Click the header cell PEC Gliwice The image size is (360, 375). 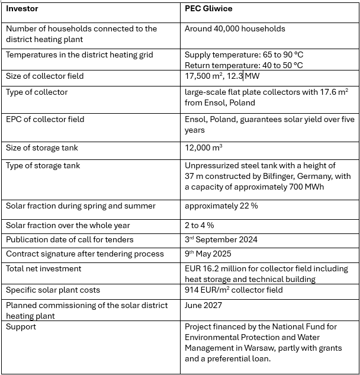point(208,9)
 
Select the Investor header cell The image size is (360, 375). point(22,9)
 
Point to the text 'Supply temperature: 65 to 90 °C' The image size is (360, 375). point(244,55)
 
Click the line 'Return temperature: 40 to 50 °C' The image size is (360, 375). point(244,65)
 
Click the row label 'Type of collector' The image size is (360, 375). point(37,92)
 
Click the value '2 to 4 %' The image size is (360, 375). point(199,225)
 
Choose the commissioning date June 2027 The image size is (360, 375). point(202,306)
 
